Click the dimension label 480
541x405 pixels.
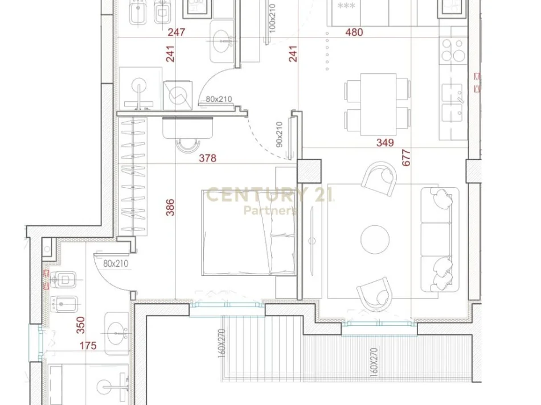354,32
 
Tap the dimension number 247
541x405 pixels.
177,32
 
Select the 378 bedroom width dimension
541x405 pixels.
208,159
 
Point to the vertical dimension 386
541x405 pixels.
170,207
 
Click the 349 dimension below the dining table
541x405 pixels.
385,143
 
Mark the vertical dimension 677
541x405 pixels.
406,158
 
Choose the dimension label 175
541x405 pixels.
88,345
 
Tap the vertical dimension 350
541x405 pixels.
80,325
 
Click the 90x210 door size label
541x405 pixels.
279,134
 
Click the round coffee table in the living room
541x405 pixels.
375,239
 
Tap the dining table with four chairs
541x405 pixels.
377,105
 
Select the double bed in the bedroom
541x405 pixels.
248,233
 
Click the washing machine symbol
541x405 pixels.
179,94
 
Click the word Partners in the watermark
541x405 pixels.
270,210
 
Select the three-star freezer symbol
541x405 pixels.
346,7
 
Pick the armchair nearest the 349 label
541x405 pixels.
380,177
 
